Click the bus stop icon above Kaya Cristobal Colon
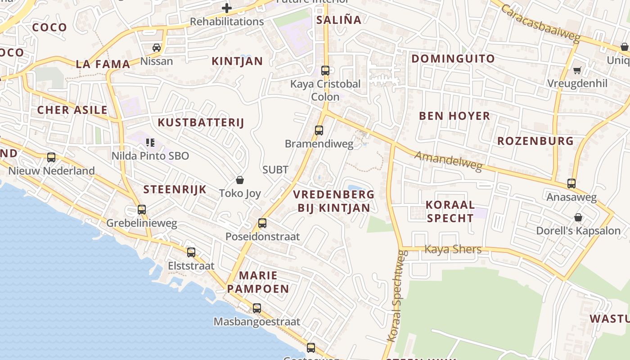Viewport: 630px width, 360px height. (x=325, y=71)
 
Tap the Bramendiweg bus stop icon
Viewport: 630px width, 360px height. (x=319, y=130)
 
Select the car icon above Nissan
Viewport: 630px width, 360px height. (x=157, y=48)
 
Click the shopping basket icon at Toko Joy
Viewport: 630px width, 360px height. (x=240, y=180)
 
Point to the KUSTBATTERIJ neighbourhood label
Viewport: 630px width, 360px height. (x=201, y=122)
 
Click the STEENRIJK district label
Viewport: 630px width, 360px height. (x=175, y=189)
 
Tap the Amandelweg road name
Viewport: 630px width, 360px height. (x=448, y=161)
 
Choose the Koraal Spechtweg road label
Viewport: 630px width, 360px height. (x=397, y=296)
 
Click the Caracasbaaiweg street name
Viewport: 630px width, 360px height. (x=540, y=23)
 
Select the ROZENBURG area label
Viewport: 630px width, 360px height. (x=535, y=141)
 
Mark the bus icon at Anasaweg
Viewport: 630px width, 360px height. (x=571, y=184)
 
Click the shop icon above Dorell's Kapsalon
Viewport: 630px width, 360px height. (x=578, y=218)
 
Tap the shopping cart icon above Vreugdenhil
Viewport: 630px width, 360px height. (x=577, y=70)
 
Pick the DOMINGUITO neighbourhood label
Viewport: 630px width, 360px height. (x=453, y=58)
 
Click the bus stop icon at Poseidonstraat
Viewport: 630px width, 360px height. (x=262, y=223)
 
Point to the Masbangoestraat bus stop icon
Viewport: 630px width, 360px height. (x=256, y=308)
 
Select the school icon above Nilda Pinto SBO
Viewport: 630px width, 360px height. (x=150, y=143)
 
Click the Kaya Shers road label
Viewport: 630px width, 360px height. (x=453, y=249)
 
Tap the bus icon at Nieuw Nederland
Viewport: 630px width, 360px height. (x=51, y=157)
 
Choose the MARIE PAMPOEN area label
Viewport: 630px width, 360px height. (x=258, y=282)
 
